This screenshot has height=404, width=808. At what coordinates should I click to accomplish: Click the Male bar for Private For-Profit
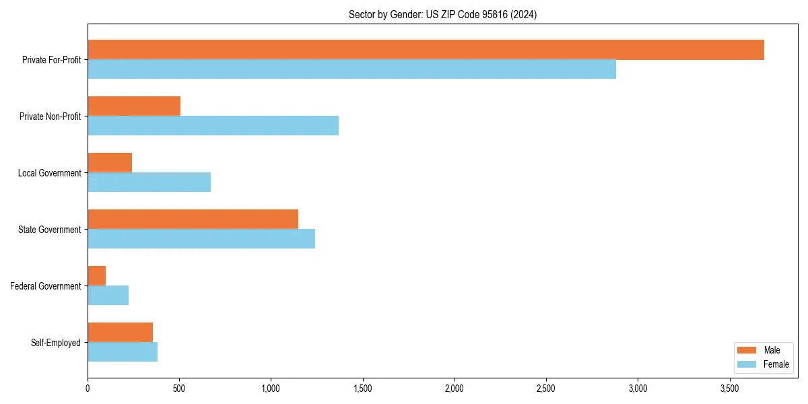point(426,50)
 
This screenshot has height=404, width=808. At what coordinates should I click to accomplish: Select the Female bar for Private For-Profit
point(351,69)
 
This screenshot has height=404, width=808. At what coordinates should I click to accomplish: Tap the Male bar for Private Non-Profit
point(134,106)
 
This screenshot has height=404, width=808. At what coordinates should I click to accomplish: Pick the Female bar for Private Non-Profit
point(213,126)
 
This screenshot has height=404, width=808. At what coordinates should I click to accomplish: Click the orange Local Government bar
point(110,163)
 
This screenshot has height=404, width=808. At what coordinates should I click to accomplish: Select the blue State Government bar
point(201,239)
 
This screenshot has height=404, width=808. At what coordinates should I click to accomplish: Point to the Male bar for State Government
point(193,220)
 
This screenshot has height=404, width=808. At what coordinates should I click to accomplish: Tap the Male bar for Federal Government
point(97,276)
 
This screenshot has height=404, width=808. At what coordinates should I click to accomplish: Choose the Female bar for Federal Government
point(108,296)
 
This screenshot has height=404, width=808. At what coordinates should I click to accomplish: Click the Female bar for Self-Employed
point(123,352)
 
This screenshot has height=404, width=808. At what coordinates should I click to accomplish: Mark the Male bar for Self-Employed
point(120,333)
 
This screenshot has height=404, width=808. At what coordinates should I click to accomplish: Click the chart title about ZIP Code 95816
point(442,14)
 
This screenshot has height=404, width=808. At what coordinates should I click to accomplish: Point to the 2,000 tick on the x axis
point(454,389)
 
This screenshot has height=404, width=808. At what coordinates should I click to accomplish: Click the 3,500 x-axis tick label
point(730,389)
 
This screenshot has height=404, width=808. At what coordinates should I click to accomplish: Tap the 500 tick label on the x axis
point(179,389)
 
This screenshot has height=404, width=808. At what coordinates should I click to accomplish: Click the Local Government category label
point(49,173)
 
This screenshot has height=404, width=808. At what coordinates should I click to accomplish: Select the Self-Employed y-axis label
point(55,343)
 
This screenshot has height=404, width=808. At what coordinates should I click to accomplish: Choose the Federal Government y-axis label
point(45,286)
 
